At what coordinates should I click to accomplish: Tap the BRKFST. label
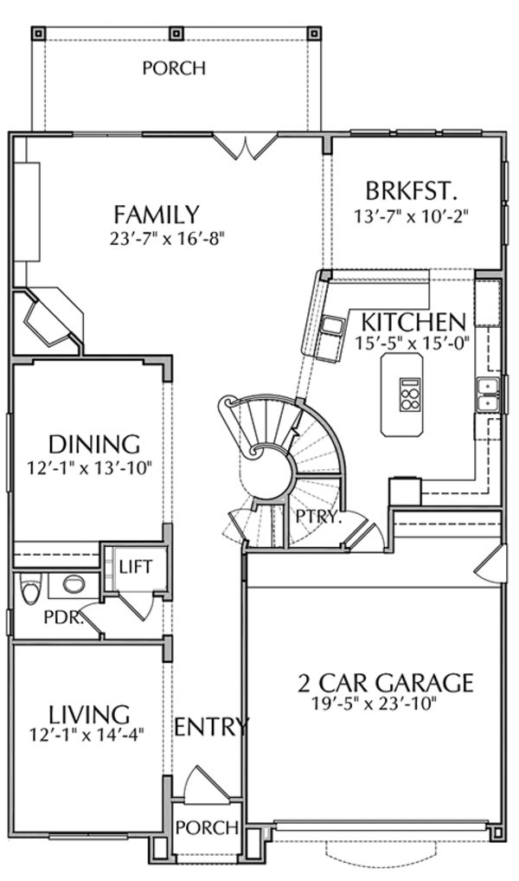click(411, 190)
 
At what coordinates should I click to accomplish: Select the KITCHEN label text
click(413, 322)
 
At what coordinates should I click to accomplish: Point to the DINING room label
click(93, 444)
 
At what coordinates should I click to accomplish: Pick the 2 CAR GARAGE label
click(386, 683)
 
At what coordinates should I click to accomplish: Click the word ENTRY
click(212, 727)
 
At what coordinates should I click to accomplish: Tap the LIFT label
click(135, 568)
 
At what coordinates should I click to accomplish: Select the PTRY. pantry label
click(319, 519)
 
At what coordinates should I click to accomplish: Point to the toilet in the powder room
click(30, 591)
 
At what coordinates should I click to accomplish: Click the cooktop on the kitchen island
click(408, 395)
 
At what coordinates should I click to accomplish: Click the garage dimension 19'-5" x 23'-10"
click(375, 704)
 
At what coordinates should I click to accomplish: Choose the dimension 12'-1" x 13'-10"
click(89, 468)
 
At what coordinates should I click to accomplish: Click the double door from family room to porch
click(246, 147)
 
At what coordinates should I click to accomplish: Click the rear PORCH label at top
click(174, 68)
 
